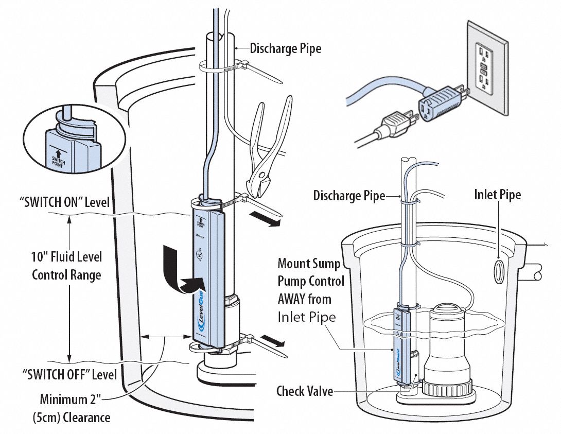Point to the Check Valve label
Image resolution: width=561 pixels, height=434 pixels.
click(x=305, y=391)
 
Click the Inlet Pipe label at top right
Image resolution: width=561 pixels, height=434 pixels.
click(x=497, y=195)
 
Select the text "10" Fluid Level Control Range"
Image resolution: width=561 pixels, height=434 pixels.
click(x=67, y=266)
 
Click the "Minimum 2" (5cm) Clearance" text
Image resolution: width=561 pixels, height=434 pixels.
click(x=75, y=408)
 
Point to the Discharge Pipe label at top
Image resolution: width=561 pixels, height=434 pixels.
click(x=286, y=49)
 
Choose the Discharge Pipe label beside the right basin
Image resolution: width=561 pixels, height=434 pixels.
click(x=349, y=196)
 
